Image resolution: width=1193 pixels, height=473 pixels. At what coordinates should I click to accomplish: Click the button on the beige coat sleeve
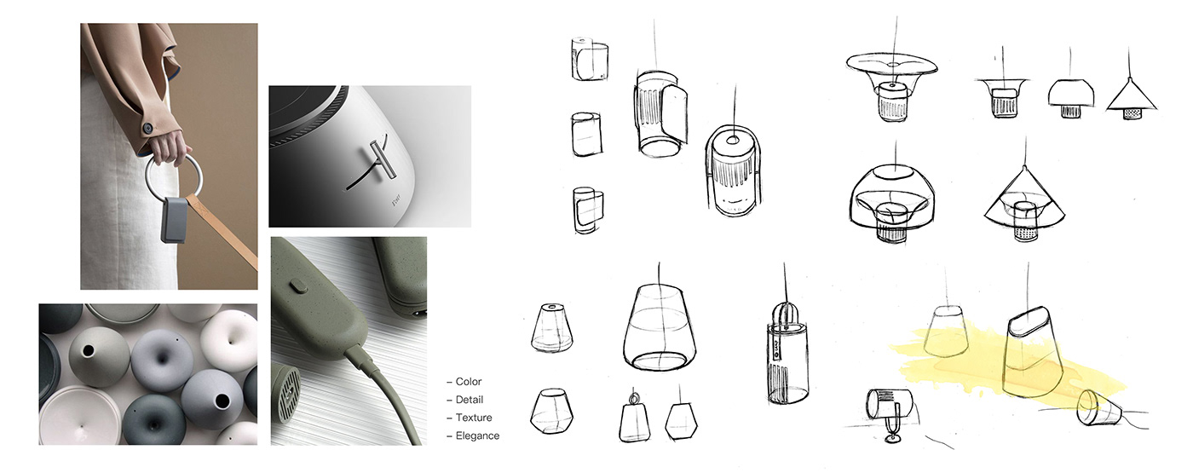coord(148,127)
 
